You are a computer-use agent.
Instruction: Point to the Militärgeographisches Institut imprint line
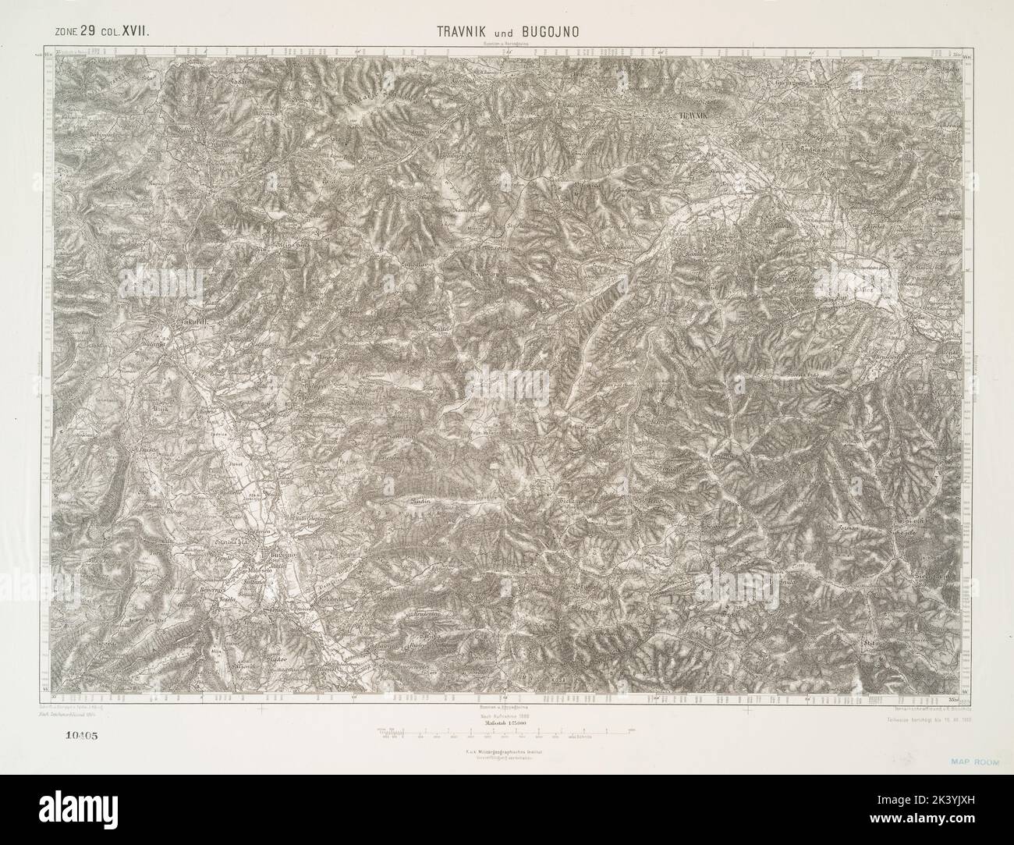click(507, 751)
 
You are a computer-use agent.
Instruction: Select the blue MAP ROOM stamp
click(977, 757)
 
